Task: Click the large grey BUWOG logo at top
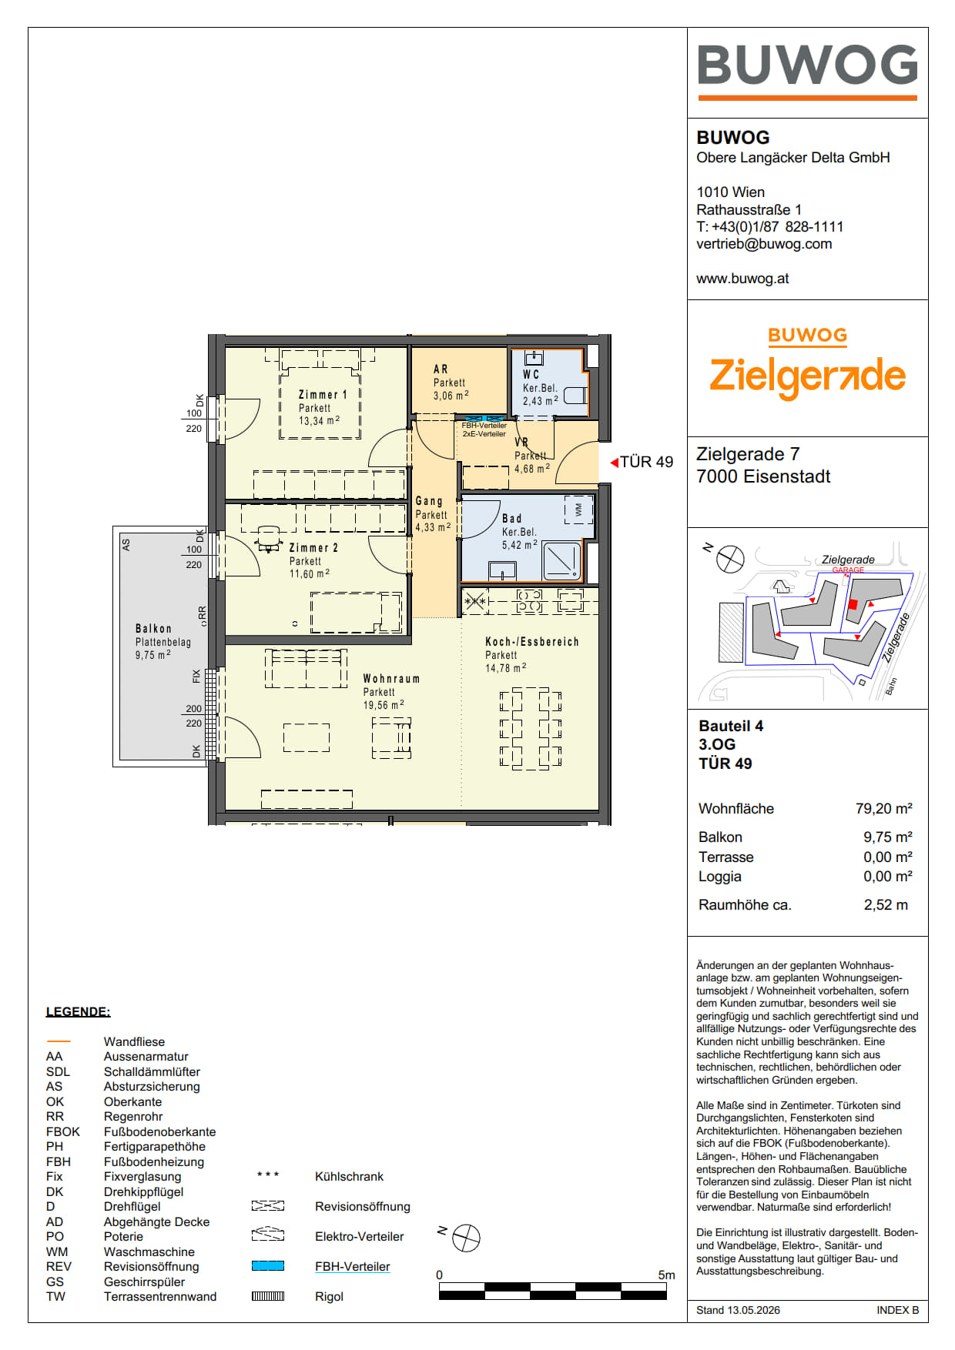click(807, 65)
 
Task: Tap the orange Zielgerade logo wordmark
click(807, 376)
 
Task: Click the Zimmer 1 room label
click(323, 395)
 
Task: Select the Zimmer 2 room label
click(313, 548)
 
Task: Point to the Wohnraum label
click(391, 679)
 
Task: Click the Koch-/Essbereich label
click(531, 642)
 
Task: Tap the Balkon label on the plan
click(153, 629)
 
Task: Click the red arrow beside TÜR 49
click(614, 463)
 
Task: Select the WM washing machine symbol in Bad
click(578, 510)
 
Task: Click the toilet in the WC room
click(575, 396)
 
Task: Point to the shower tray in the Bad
click(562, 560)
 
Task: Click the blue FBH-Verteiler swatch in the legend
click(268, 1266)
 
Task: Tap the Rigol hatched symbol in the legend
click(268, 1296)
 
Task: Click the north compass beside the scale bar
click(465, 1238)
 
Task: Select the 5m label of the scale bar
click(666, 1275)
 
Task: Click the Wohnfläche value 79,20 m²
click(884, 808)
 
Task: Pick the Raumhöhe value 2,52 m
click(886, 905)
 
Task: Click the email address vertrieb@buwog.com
click(764, 244)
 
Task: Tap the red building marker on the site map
click(853, 605)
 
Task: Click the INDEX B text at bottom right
click(897, 1310)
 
